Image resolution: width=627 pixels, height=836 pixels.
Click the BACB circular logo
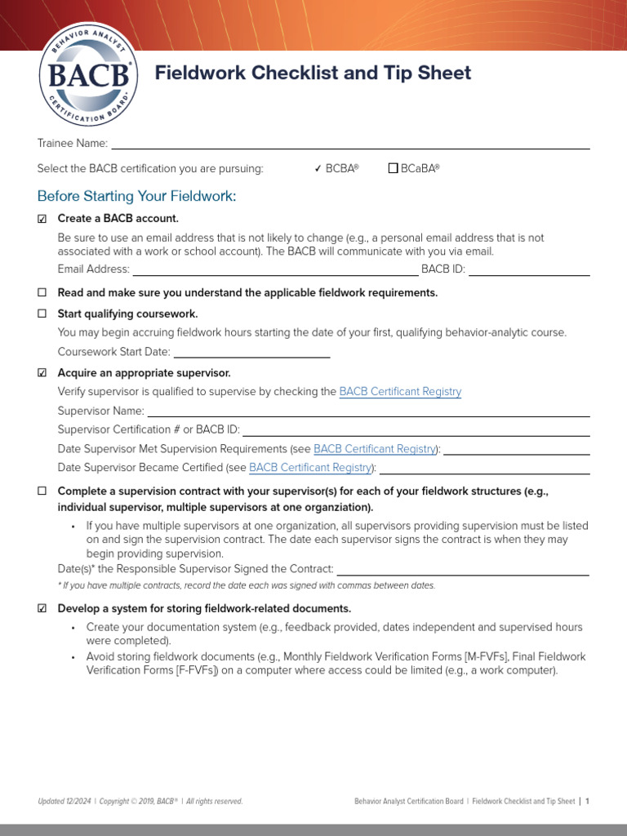point(88,75)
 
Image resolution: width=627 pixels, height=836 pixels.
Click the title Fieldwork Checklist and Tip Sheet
point(313,73)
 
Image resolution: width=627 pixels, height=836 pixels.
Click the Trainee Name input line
point(350,145)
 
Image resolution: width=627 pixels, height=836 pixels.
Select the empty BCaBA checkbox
point(393,169)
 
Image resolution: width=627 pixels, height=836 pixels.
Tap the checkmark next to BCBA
point(318,169)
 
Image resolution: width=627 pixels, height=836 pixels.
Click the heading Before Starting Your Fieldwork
point(136,196)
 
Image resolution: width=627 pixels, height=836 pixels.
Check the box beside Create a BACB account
point(42,219)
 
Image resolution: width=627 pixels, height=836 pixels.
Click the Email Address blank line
point(275,270)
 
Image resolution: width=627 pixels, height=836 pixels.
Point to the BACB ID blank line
point(529,270)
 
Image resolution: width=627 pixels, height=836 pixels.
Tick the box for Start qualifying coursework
point(42,314)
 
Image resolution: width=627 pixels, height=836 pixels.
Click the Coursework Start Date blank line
point(251,353)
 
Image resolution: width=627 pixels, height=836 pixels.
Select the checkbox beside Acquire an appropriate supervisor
point(42,373)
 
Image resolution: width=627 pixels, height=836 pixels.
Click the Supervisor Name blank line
point(368,411)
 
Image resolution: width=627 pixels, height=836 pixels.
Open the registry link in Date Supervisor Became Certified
point(310,468)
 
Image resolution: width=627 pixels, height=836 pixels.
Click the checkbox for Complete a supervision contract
point(42,491)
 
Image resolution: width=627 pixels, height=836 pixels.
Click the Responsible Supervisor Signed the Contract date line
point(463,570)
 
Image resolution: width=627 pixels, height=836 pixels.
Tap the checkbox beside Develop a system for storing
point(42,609)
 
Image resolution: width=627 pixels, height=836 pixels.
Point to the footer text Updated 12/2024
point(64,802)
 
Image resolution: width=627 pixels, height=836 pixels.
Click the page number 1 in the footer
point(587,802)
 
